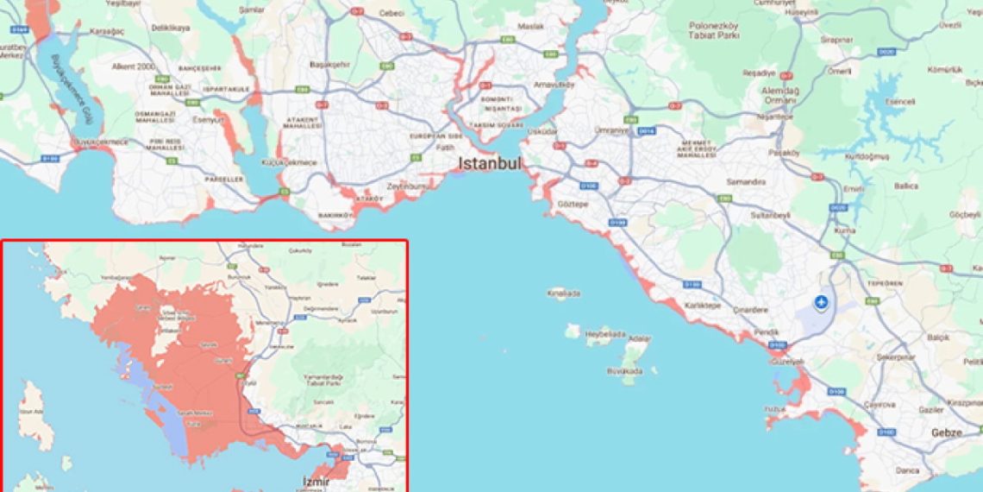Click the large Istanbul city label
click(x=490, y=163)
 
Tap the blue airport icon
click(x=821, y=302)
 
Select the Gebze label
click(x=946, y=432)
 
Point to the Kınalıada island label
click(x=564, y=293)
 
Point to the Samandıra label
click(x=747, y=182)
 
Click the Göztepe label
click(x=573, y=205)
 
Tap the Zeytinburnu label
click(x=409, y=186)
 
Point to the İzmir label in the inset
click(x=316, y=481)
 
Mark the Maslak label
click(x=531, y=27)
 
